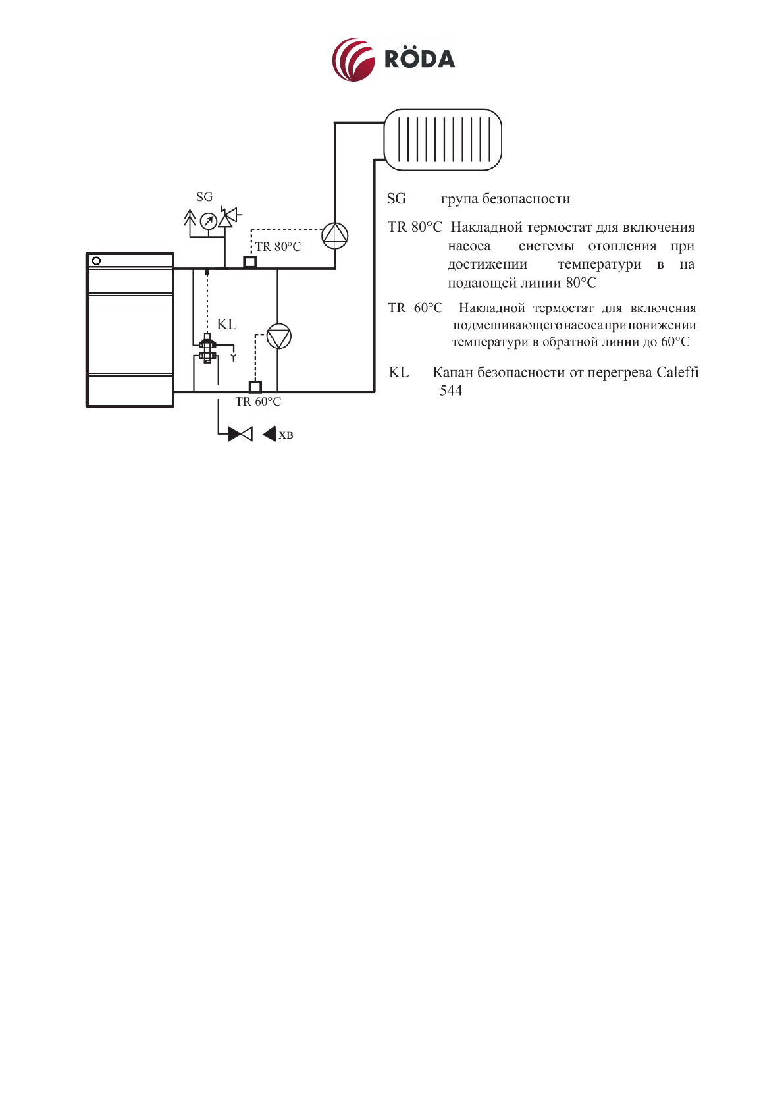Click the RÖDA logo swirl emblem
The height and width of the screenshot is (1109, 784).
(353, 59)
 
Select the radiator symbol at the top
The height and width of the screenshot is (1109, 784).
(442, 140)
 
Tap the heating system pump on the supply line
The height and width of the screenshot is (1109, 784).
(334, 235)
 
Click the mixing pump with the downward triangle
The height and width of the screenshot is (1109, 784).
(278, 337)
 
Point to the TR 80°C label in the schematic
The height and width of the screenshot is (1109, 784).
(278, 247)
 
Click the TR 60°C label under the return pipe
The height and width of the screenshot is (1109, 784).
(258, 402)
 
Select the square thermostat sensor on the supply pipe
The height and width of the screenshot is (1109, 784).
(249, 262)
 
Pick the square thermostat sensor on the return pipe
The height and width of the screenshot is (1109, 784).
(255, 387)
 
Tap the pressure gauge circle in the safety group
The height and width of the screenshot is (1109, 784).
(208, 221)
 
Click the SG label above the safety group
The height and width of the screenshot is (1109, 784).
(205, 197)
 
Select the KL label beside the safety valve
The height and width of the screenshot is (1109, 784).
(226, 324)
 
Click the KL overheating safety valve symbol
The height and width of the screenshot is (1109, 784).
(207, 349)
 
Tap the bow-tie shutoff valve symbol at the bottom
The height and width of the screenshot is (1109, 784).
(240, 434)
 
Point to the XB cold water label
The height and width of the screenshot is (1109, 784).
(286, 435)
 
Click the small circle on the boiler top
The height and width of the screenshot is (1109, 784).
(97, 261)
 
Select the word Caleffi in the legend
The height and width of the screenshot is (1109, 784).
(677, 372)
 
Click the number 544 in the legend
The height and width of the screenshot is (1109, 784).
(451, 391)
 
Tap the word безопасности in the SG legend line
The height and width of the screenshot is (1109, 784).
(526, 199)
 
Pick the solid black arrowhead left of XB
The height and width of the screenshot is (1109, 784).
(269, 435)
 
